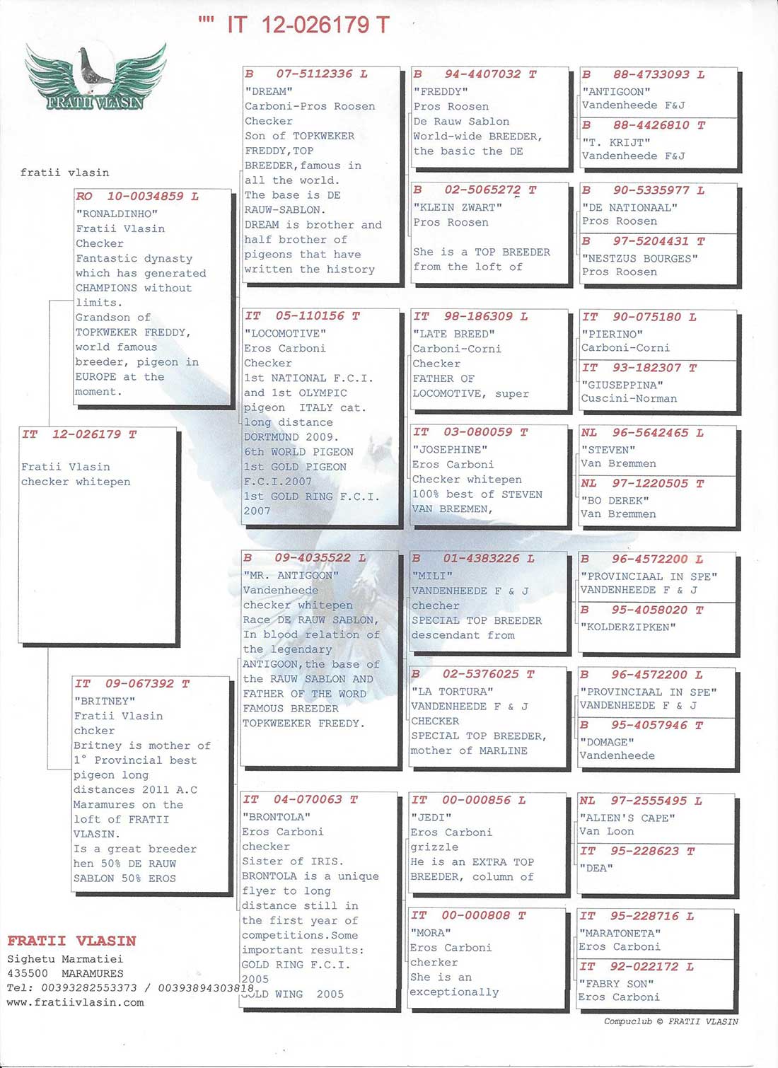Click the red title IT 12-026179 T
pyautogui.click(x=308, y=25)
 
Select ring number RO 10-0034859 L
pyautogui.click(x=137, y=197)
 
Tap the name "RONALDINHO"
pyautogui.click(x=117, y=214)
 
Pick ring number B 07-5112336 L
pyautogui.click(x=306, y=74)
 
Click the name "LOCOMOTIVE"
pyautogui.click(x=285, y=333)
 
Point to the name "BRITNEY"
pyautogui.click(x=105, y=701)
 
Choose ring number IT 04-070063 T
pyautogui.click(x=301, y=799)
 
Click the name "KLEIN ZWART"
pyautogui.click(x=458, y=207)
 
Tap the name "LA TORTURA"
pyautogui.click(x=452, y=691)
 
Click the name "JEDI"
pyautogui.click(x=431, y=817)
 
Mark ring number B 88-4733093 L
pyautogui.click(x=643, y=74)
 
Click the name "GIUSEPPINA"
pyautogui.click(x=622, y=385)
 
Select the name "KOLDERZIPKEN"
pyautogui.click(x=628, y=627)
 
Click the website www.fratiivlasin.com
pyautogui.click(x=75, y=1002)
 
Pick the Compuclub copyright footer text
pyautogui.click(x=670, y=1021)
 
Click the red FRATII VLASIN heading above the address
pyautogui.click(x=71, y=941)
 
